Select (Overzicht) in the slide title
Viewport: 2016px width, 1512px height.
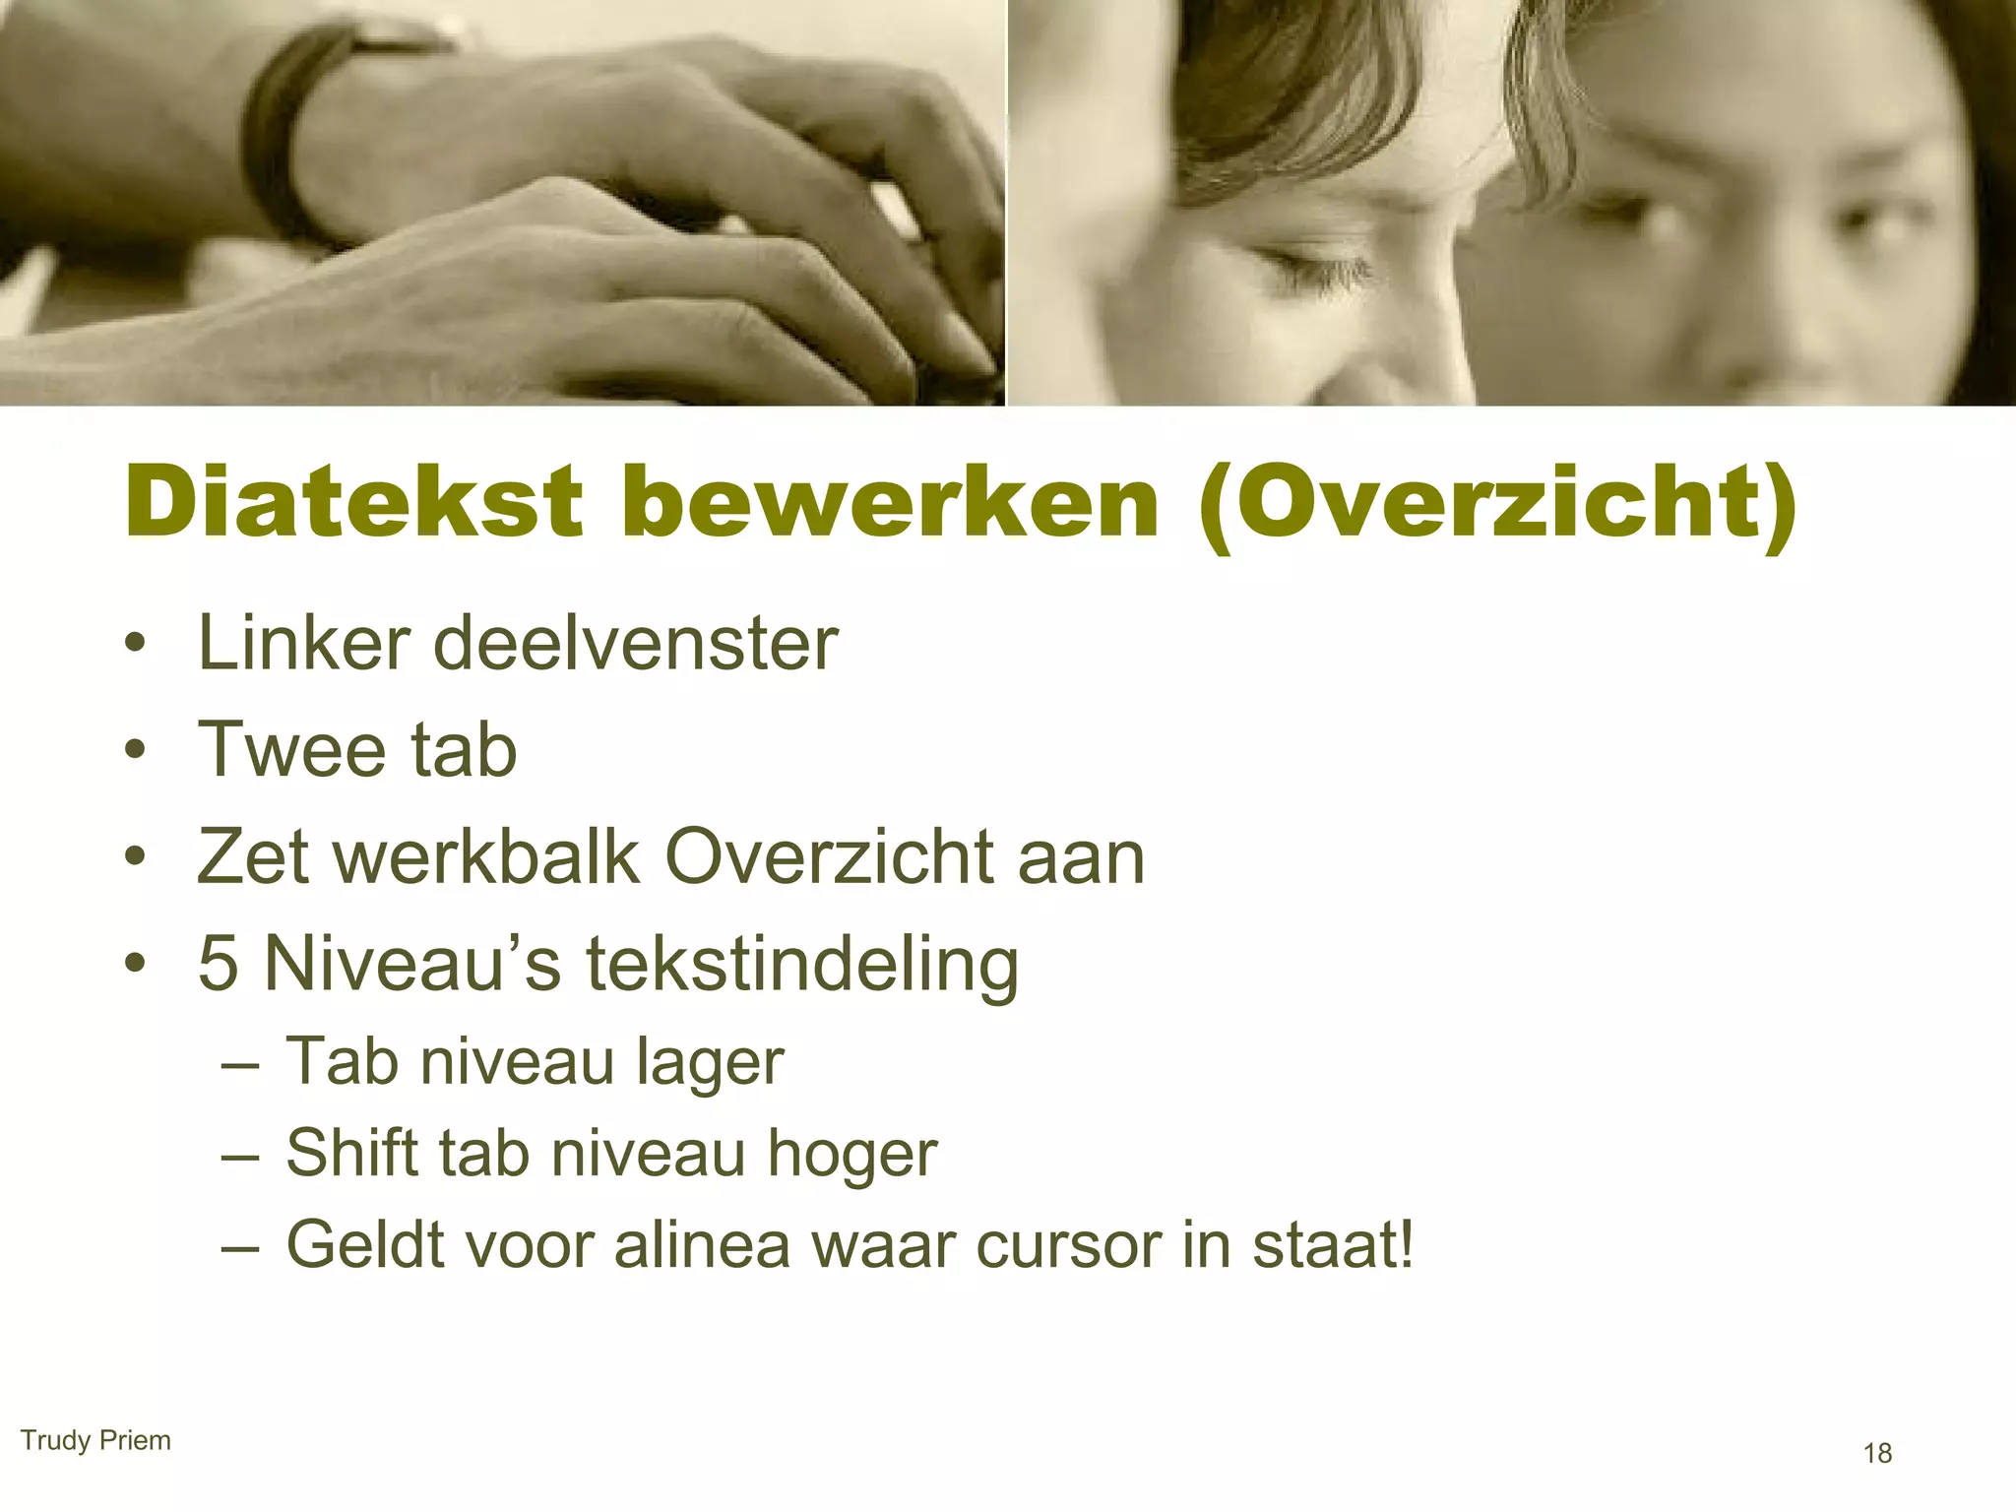(x=1497, y=504)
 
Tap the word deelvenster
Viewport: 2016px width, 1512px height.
(x=635, y=644)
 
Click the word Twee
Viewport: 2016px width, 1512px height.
(x=289, y=750)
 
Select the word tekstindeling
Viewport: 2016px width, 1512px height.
(x=802, y=965)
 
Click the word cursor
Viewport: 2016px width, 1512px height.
(x=1067, y=1245)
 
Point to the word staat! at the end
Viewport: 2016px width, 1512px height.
(x=1333, y=1243)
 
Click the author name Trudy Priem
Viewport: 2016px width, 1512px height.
(x=95, y=1440)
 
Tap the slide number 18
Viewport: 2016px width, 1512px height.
(x=1877, y=1453)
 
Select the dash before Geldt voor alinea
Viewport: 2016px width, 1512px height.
(x=240, y=1247)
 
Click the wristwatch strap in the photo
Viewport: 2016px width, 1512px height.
(x=276, y=128)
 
